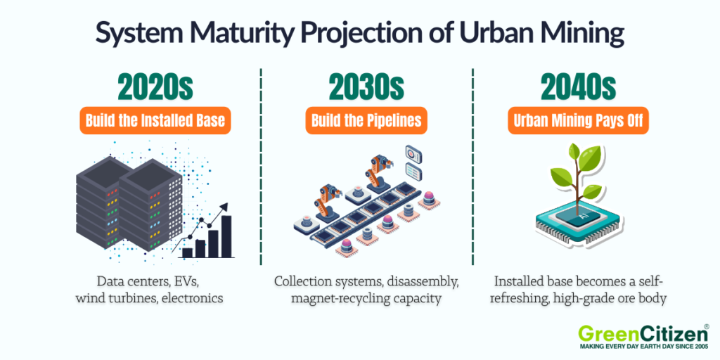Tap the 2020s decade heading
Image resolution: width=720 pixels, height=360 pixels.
click(x=155, y=88)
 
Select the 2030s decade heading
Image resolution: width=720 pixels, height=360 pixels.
click(x=366, y=88)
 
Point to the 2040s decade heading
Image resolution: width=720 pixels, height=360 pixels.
click(x=578, y=88)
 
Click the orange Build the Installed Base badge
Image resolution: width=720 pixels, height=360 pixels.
click(x=155, y=120)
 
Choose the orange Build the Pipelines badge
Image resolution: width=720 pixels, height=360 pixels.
click(x=366, y=120)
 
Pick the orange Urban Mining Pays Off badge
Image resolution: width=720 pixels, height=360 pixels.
click(x=578, y=120)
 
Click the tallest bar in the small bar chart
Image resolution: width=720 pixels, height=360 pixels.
click(x=226, y=236)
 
